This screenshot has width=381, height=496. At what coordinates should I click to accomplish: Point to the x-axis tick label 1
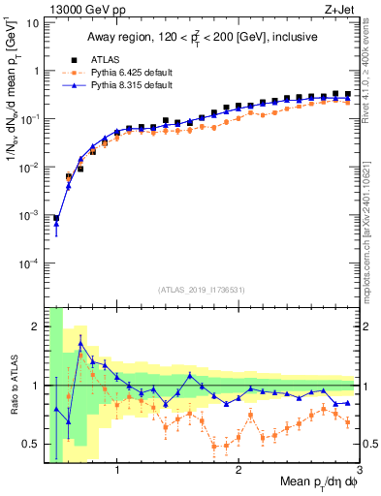pyautogui.click(x=117, y=473)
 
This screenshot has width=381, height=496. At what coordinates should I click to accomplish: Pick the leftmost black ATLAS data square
pyautogui.click(x=56, y=218)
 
